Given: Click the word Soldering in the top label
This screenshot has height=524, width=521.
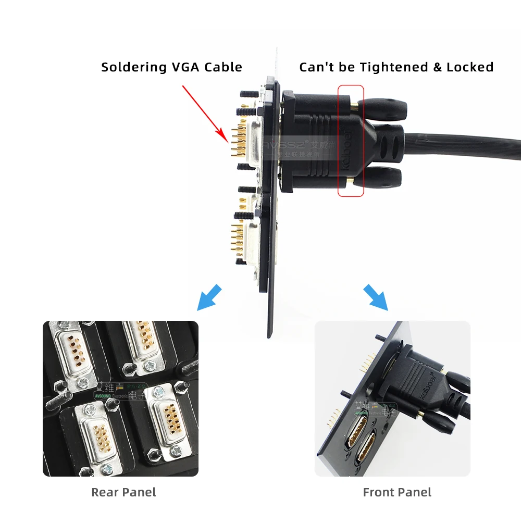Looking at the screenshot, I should click(132, 67).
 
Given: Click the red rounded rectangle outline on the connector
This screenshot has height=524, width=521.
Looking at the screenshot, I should click(351, 141).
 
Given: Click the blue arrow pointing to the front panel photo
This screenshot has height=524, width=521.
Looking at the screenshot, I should click(376, 297).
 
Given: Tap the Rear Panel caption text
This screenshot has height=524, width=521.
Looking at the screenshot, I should click(123, 492).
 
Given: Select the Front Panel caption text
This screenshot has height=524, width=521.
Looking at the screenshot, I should click(397, 492).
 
